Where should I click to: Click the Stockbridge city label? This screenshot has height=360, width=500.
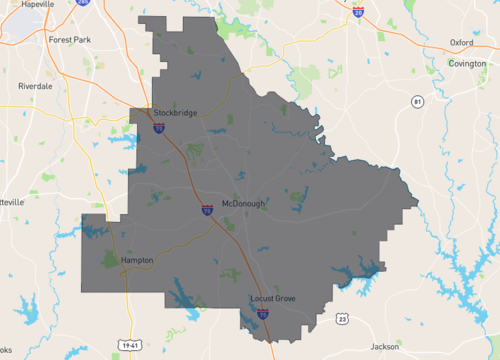pos(175,113)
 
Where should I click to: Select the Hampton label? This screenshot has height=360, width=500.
pos(137,260)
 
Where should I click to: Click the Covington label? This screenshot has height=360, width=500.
pos(466,63)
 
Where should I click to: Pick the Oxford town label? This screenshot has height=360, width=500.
pos(461,43)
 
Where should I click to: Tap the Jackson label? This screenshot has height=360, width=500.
pos(384,346)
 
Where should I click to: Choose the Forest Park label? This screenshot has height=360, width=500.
pos(69,40)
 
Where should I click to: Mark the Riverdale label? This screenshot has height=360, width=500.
pos(35,86)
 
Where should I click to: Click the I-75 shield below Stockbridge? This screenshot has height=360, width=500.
pos(159,127)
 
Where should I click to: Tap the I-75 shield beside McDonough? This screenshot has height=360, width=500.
pos(206,210)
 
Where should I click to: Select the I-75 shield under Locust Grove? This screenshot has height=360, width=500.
pos(262,313)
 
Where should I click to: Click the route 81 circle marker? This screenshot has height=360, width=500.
pos(417,101)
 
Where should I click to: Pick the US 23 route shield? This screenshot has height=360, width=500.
pos(342,318)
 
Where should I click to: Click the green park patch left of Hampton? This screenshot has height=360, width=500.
pos(109,261)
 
